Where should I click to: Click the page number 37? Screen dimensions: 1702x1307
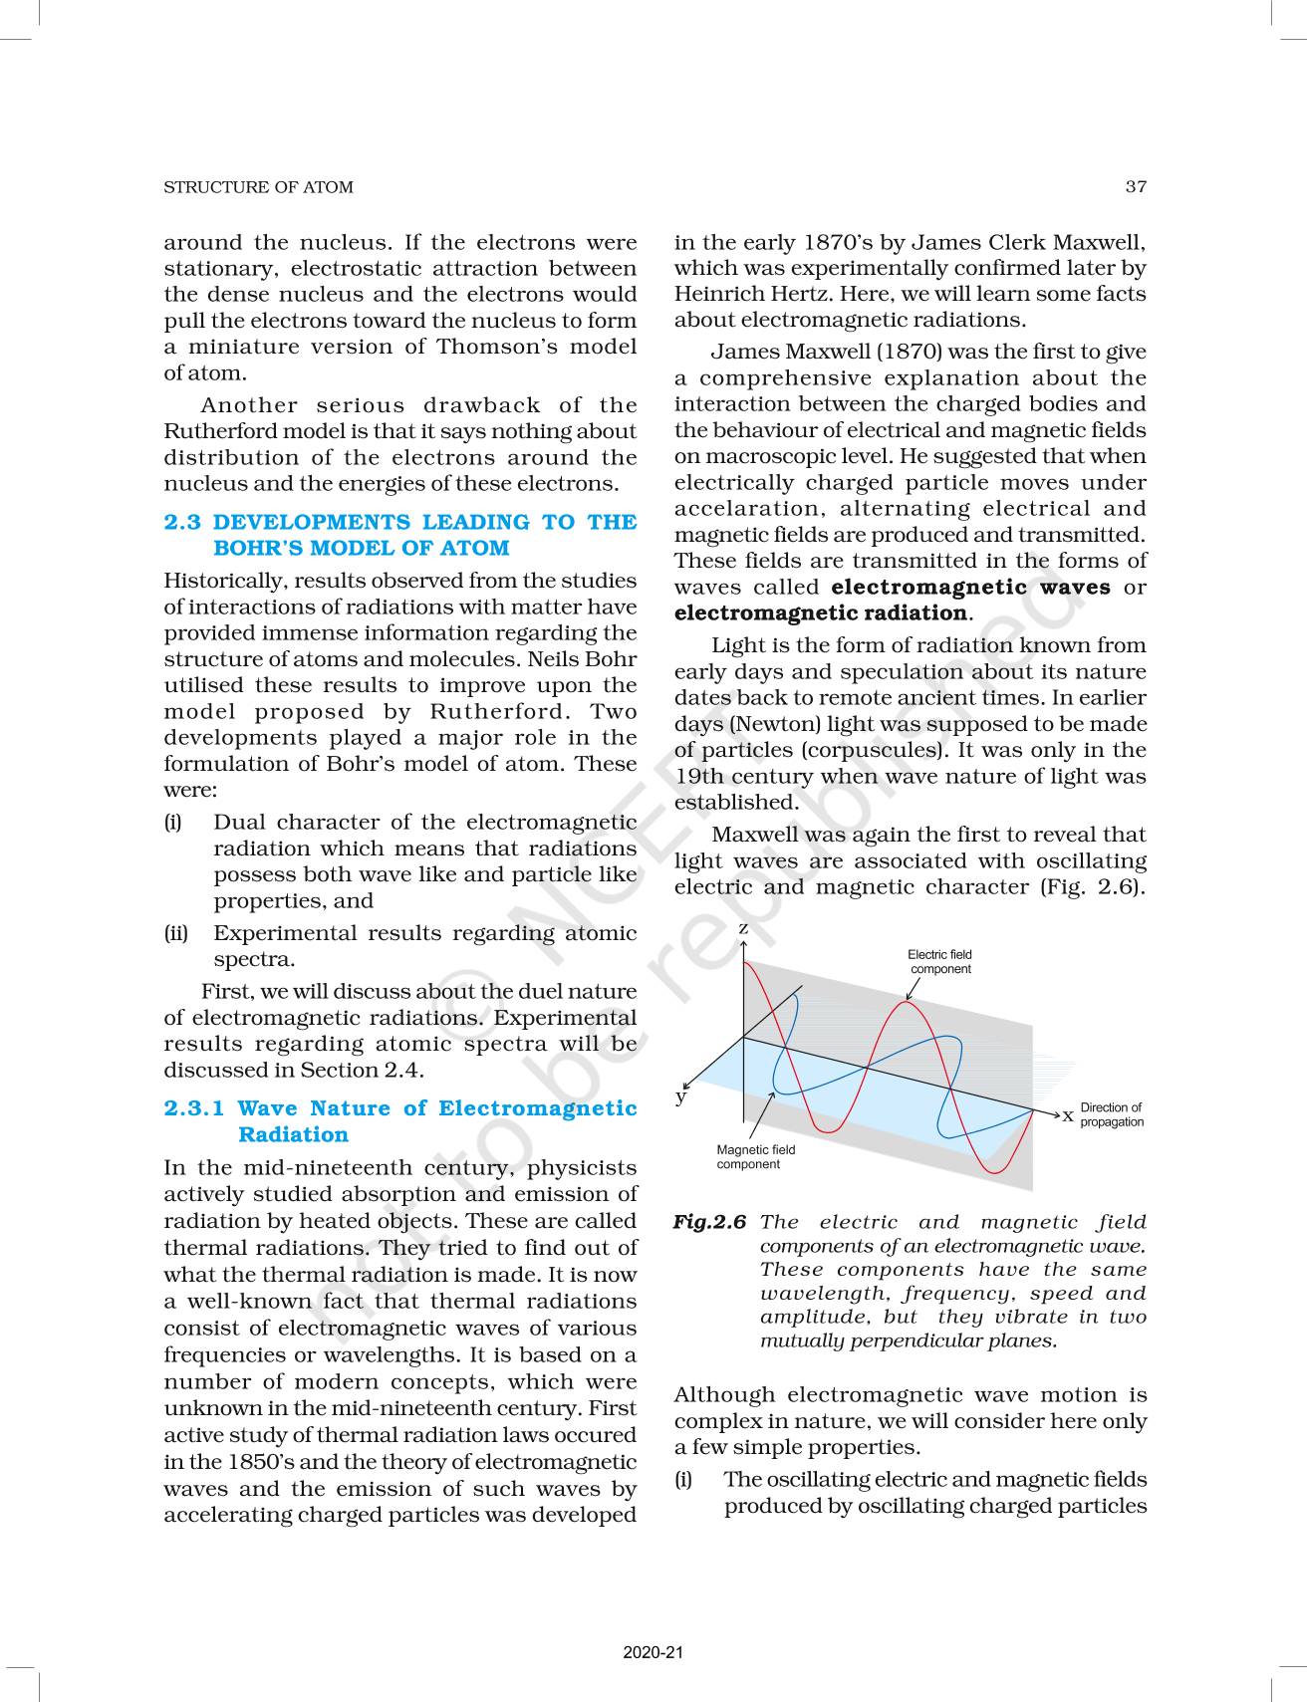(1135, 187)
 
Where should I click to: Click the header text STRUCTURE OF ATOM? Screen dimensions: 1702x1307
(258, 187)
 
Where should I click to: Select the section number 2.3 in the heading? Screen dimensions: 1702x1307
(181, 522)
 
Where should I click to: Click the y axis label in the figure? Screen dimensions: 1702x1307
(681, 1096)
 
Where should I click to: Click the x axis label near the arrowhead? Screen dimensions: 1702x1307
(1068, 1114)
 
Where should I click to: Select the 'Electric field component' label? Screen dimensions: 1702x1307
(939, 961)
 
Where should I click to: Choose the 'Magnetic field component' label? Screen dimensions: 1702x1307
(755, 1156)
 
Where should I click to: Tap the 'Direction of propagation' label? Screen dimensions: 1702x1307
(1112, 1114)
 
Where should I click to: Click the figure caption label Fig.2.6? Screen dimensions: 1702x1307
(709, 1222)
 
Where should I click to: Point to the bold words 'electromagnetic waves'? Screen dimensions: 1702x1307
(970, 587)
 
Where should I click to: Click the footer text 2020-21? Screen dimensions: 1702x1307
(653, 1652)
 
